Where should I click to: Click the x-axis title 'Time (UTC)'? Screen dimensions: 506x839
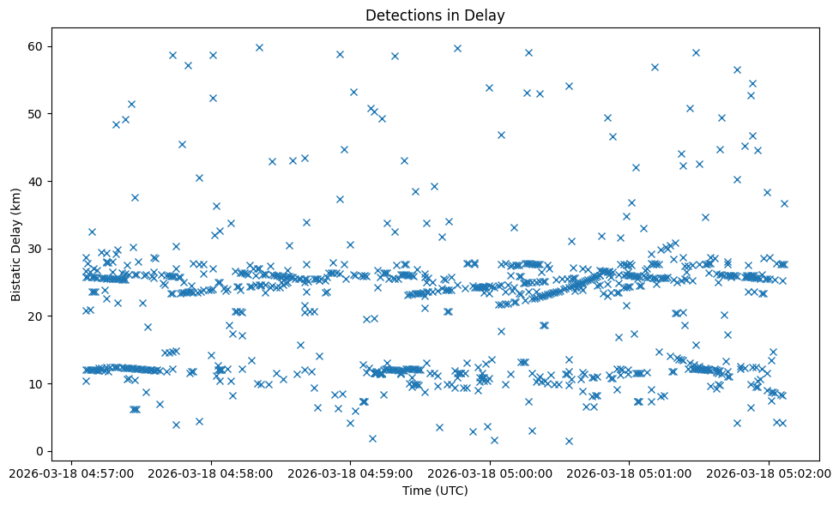(435, 491)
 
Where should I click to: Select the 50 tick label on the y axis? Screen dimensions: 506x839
(39, 114)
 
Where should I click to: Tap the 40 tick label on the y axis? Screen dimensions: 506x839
(39, 181)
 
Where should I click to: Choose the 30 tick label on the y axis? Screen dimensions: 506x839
(39, 249)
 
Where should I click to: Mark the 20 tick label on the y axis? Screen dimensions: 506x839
(39, 316)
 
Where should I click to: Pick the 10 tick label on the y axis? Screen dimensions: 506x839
(39, 383)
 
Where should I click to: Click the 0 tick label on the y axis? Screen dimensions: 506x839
(41, 451)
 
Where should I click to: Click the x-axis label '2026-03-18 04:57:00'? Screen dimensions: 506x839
(71, 473)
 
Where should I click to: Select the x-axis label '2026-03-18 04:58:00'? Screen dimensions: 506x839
(211, 473)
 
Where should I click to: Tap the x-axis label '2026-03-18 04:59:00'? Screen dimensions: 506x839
(350, 473)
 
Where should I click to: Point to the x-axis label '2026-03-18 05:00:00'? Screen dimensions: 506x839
(490, 473)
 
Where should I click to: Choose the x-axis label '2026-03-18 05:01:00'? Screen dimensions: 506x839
(629, 473)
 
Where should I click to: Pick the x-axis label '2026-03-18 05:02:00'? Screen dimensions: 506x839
(769, 473)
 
